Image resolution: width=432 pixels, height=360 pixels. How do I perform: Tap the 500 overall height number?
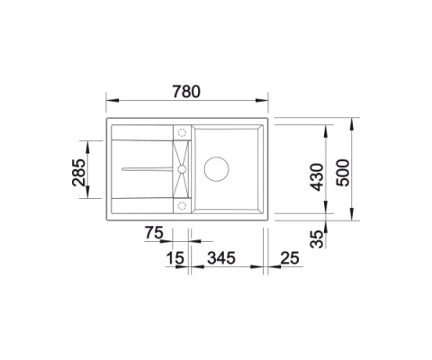point(342,167)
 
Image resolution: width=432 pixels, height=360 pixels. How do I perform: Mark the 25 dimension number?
point(290,260)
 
